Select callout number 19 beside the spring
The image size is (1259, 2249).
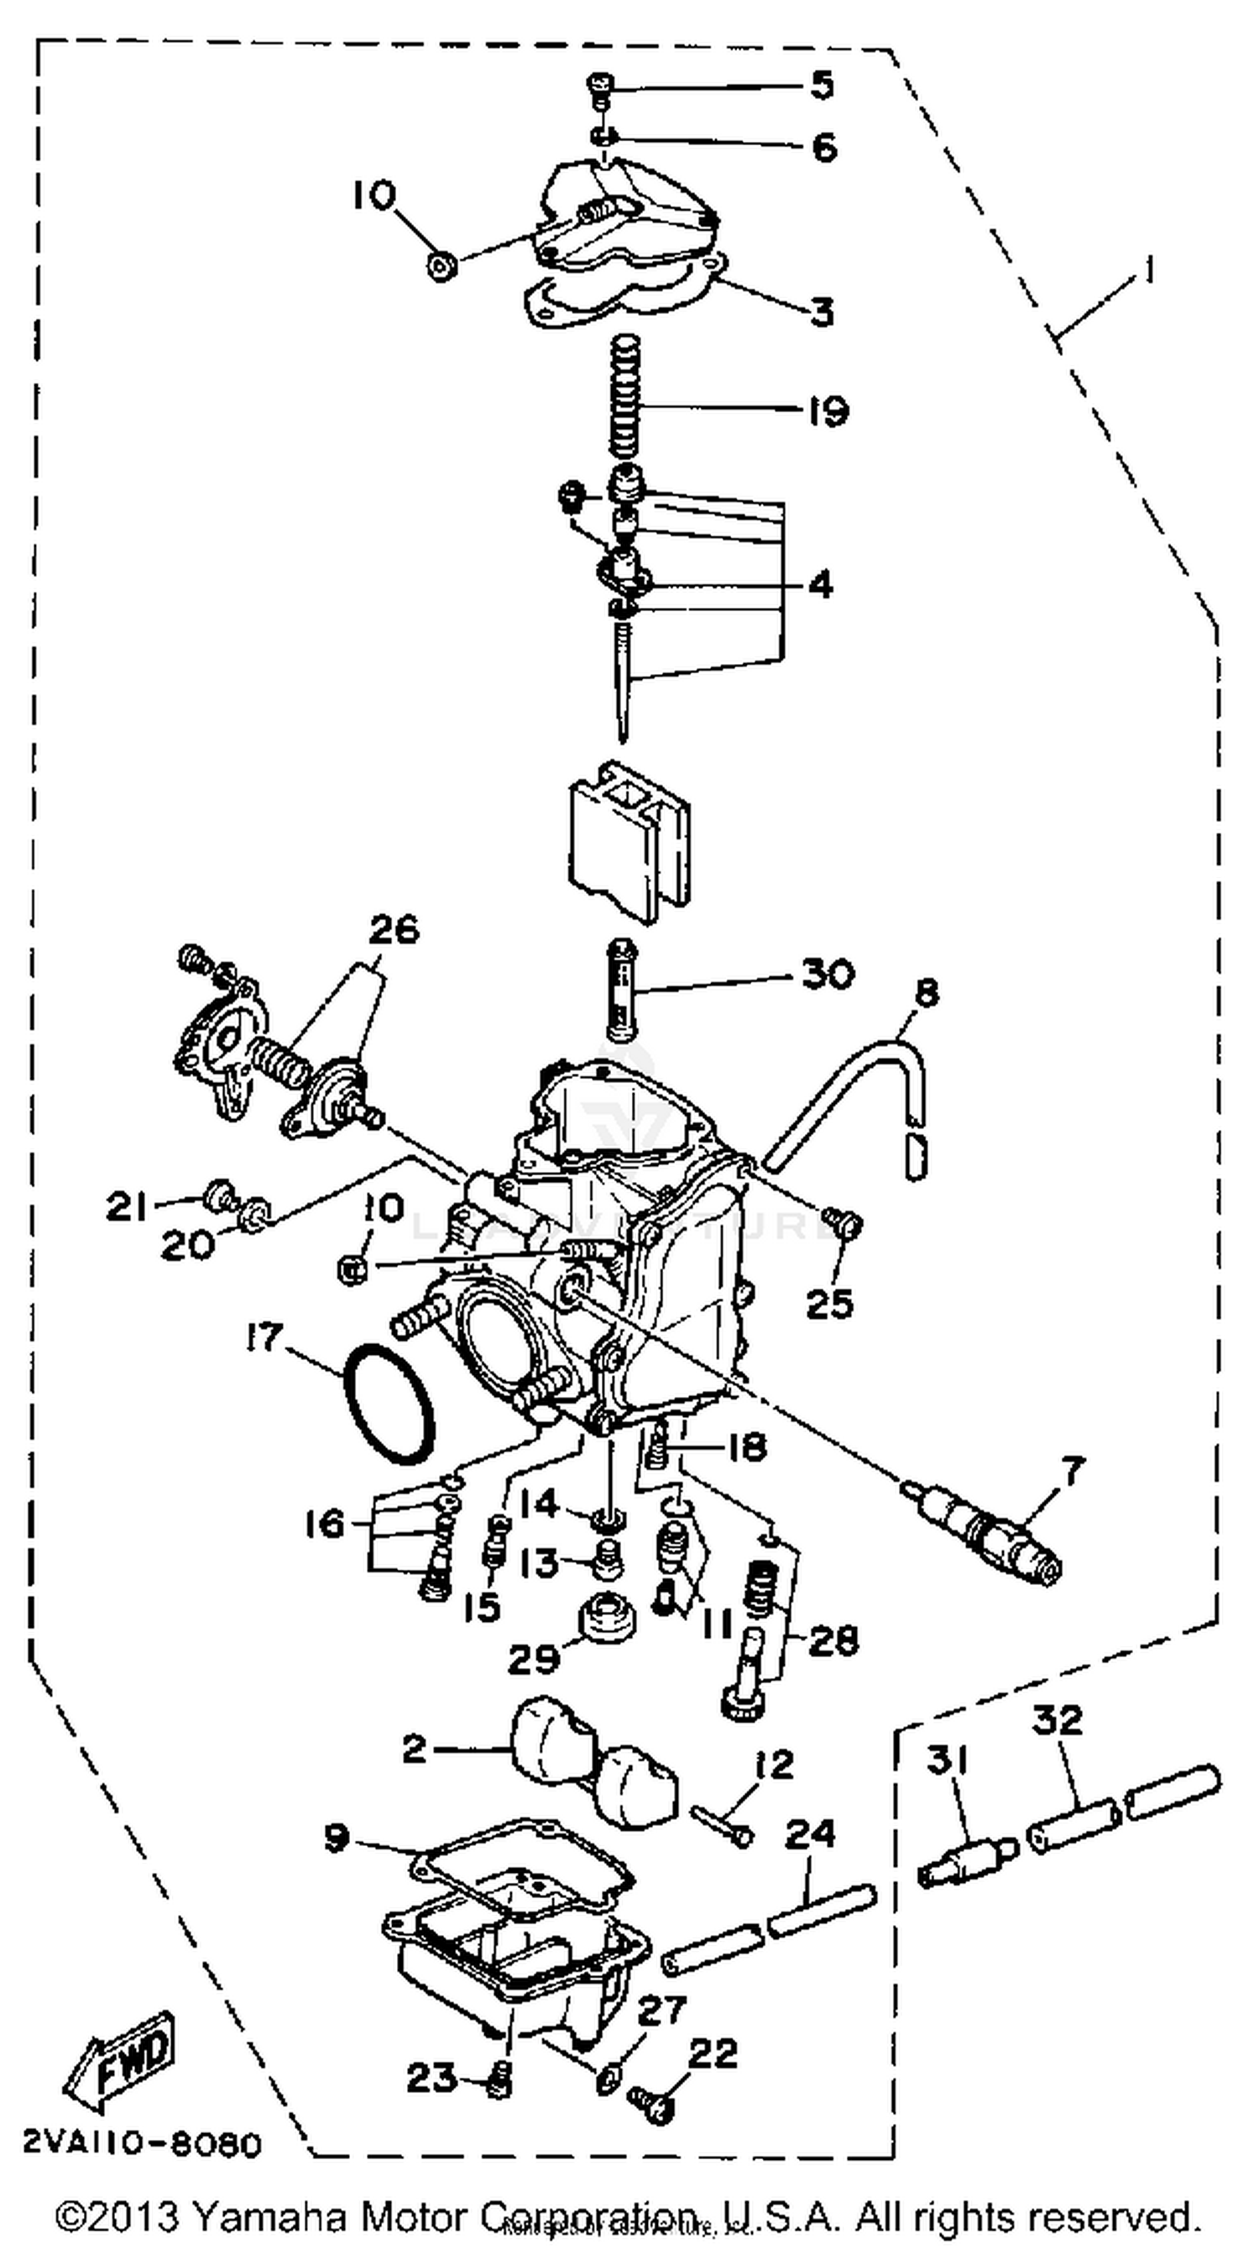[x=825, y=411]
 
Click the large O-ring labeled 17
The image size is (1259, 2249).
[x=389, y=1403]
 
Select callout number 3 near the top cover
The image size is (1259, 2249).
[x=821, y=311]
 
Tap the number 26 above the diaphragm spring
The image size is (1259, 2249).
[x=393, y=930]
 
